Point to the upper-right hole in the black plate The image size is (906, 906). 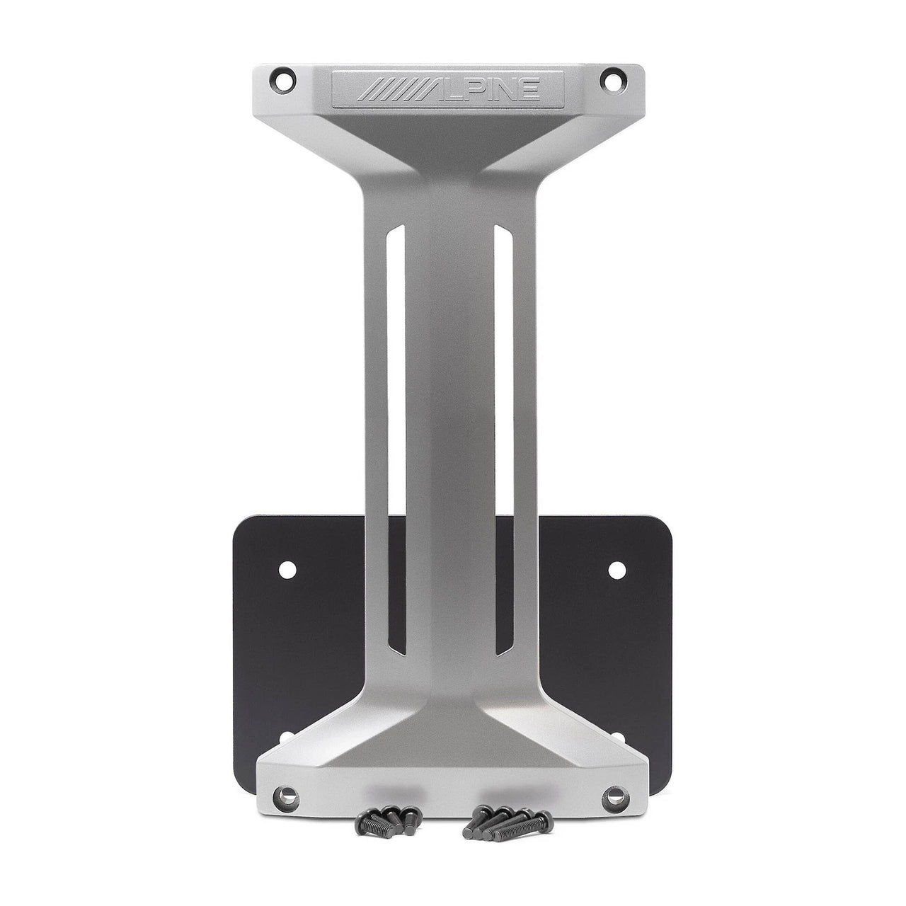tap(616, 568)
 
